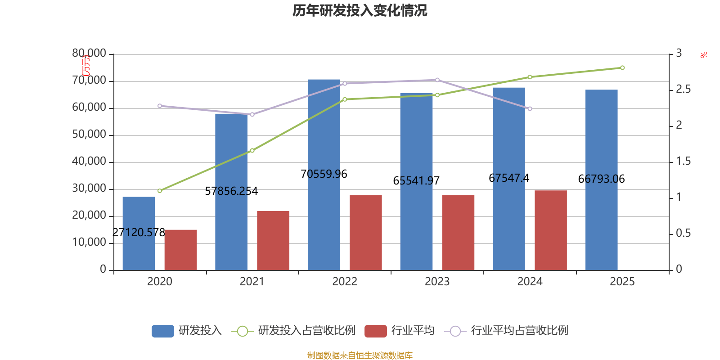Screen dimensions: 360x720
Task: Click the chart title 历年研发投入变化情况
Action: [360, 10]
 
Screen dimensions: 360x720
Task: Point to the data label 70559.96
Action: [324, 174]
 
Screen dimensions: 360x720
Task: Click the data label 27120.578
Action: [139, 232]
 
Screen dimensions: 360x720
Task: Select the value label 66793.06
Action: [601, 179]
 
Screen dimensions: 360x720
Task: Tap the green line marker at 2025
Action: [622, 68]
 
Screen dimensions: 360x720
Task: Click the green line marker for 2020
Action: [160, 191]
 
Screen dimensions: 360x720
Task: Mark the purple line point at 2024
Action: [530, 109]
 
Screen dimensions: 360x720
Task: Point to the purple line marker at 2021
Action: [252, 114]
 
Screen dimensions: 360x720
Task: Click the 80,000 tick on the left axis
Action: [89, 54]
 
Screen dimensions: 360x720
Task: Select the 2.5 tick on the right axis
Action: [683, 90]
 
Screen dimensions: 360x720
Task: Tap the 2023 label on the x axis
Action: [437, 282]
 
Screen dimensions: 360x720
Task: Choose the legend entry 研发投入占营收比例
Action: [306, 331]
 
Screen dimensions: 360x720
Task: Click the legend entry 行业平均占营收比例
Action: [519, 331]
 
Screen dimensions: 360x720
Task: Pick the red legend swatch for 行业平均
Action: [375, 331]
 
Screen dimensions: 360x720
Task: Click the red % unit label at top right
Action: [703, 55]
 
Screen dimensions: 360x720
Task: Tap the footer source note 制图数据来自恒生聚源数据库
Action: [360, 355]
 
